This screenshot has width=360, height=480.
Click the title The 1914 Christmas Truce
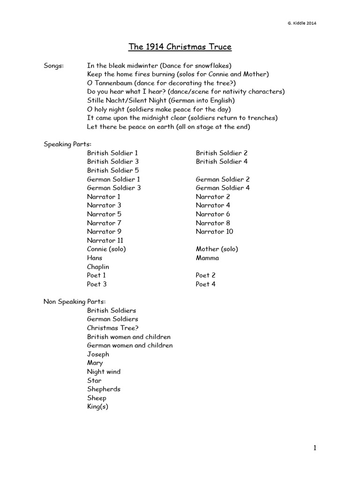tap(180, 47)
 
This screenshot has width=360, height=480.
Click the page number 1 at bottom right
tap(315, 448)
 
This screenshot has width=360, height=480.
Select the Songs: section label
tap(54, 65)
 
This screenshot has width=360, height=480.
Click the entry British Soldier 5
tap(112, 170)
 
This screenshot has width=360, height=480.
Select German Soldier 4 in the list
tap(223, 188)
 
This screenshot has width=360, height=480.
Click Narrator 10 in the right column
tap(214, 232)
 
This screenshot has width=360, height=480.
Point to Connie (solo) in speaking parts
tap(106, 249)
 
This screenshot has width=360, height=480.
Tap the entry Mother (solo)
tap(217, 249)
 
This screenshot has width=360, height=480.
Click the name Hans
tap(94, 258)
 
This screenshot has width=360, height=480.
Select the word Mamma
tap(207, 258)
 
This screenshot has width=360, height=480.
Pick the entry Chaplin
tap(98, 267)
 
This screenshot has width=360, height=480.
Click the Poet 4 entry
tap(206, 284)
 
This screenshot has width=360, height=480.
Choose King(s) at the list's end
tap(97, 407)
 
